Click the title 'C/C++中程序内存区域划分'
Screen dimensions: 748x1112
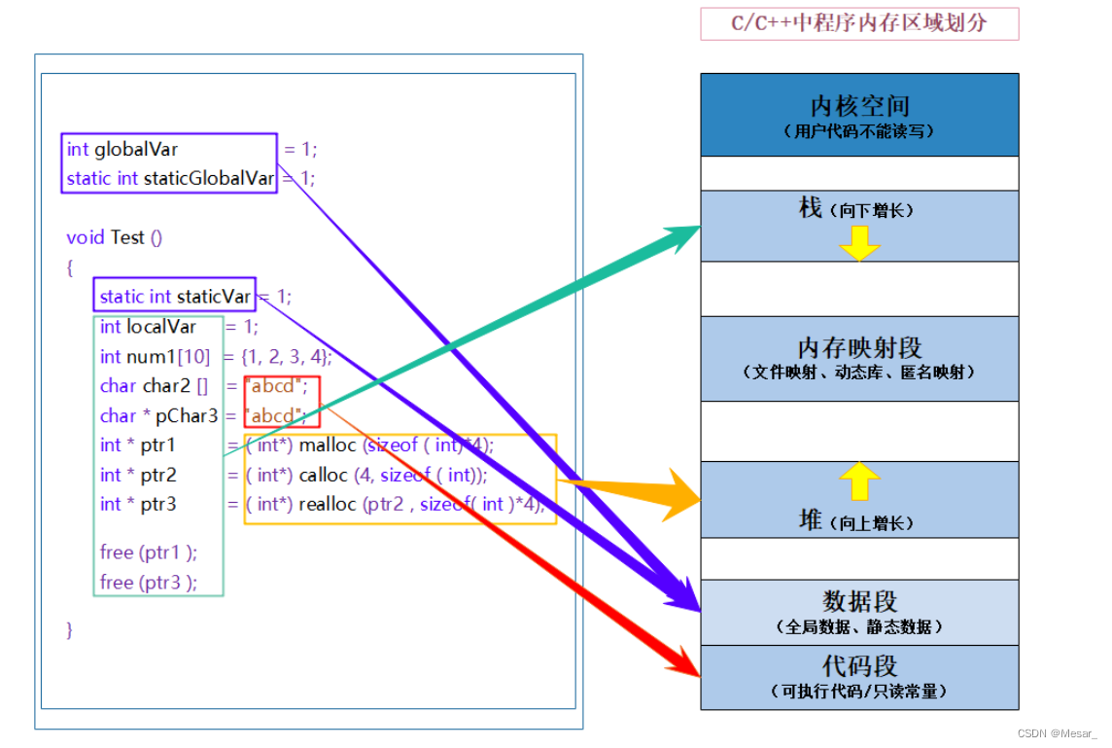pyautogui.click(x=859, y=23)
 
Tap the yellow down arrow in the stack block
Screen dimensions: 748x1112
pyautogui.click(x=859, y=243)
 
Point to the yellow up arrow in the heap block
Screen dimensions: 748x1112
pyautogui.click(x=859, y=481)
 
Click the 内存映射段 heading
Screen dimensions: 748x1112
pyautogui.click(x=859, y=347)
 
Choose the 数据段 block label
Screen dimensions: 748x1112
pyautogui.click(x=859, y=601)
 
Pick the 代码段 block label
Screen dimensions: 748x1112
pyautogui.click(x=859, y=666)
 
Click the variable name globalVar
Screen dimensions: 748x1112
pyautogui.click(x=136, y=149)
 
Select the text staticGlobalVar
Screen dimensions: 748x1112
pyautogui.click(x=208, y=178)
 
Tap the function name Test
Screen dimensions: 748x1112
pyautogui.click(x=127, y=237)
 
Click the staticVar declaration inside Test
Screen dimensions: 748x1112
pyautogui.click(x=175, y=297)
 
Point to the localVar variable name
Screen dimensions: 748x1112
pyautogui.click(x=161, y=327)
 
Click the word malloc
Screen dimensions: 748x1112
pyautogui.click(x=328, y=445)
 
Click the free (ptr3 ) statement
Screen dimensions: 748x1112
pyautogui.click(x=148, y=583)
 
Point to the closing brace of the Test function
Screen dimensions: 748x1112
pyautogui.click(x=70, y=630)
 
